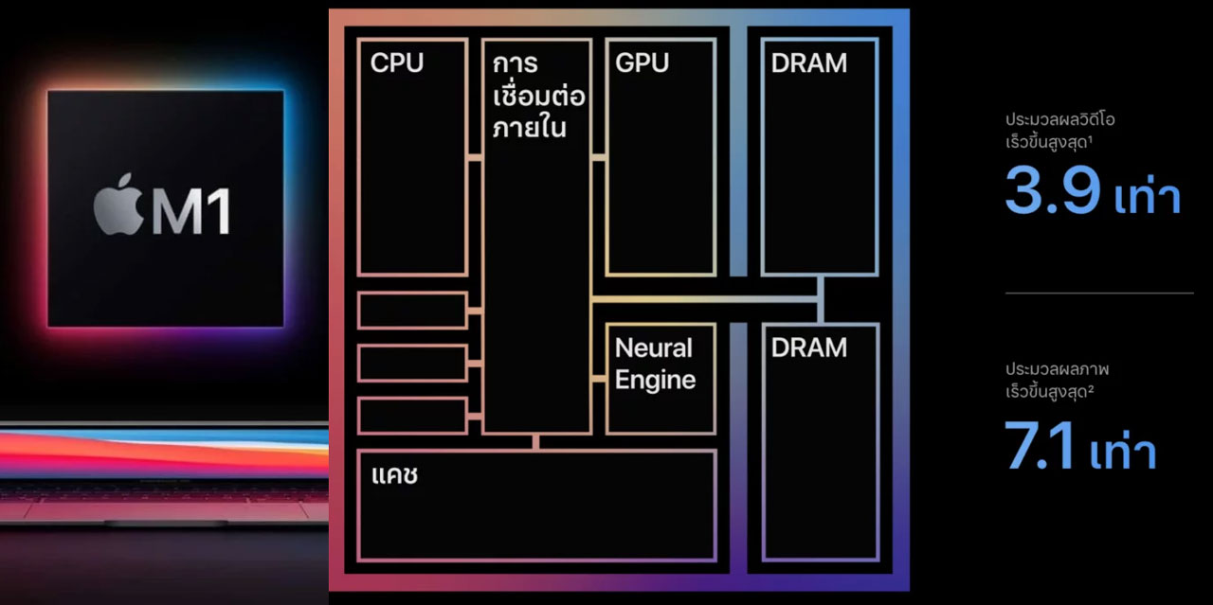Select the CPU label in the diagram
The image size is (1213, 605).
(397, 63)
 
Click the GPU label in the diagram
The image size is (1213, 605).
(642, 63)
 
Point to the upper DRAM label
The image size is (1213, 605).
(808, 63)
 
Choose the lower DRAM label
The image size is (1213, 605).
(808, 347)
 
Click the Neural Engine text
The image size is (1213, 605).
(655, 364)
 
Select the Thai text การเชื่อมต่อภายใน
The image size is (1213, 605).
(537, 96)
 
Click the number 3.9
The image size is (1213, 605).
(1053, 191)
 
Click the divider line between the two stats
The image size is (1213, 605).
(1098, 294)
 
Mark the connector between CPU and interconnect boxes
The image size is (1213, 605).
(475, 157)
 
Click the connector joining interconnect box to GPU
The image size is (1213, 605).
(599, 157)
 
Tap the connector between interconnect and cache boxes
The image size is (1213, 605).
(536, 442)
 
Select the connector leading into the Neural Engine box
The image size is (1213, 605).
(599, 379)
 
